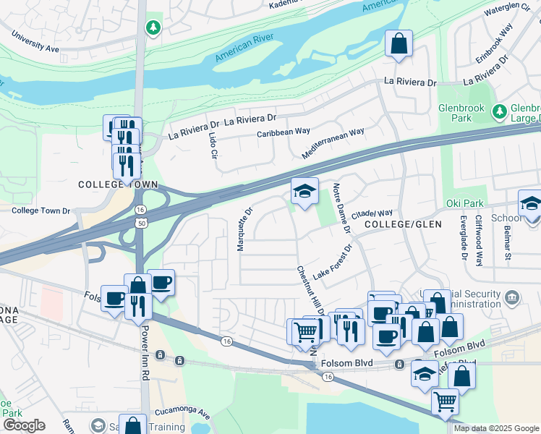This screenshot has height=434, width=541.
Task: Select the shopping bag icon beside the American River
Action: (399, 44)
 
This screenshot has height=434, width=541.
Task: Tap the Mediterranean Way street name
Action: (333, 144)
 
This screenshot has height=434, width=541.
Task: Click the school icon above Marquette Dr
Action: (304, 192)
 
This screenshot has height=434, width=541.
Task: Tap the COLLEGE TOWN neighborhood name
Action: (118, 185)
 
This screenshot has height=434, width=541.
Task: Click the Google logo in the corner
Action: (23, 425)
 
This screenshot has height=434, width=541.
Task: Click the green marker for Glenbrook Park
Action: (498, 111)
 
